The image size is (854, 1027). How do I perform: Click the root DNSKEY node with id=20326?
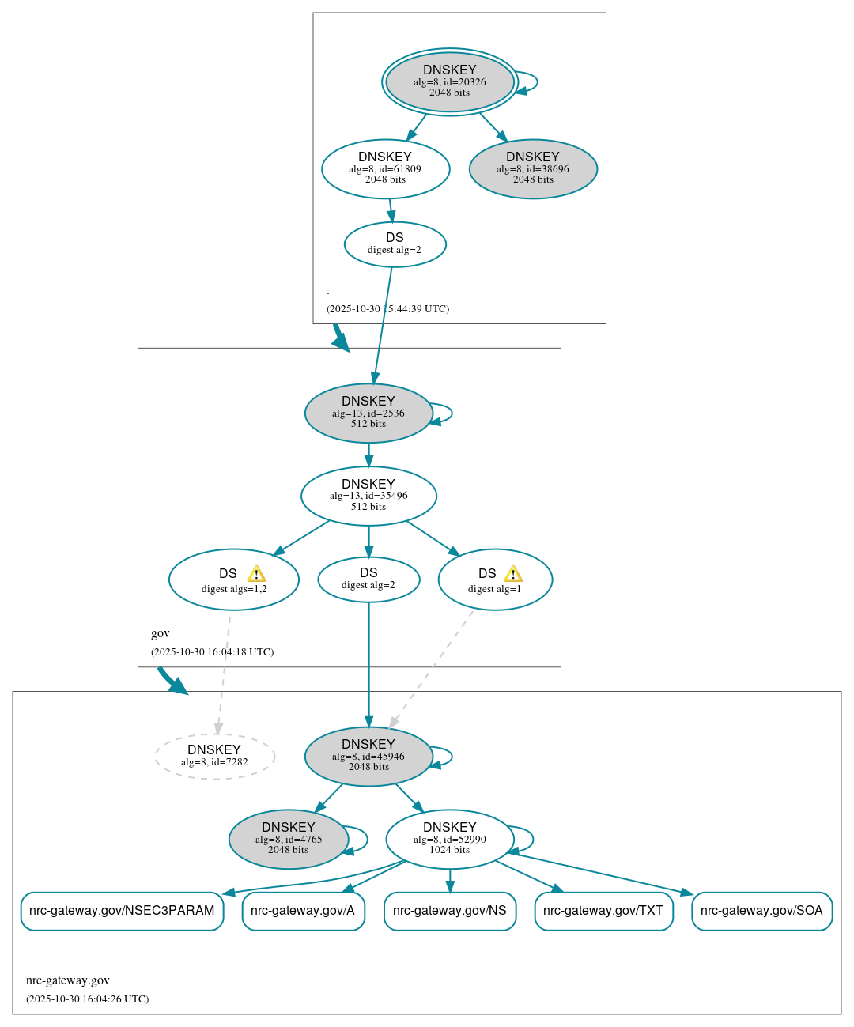click(449, 81)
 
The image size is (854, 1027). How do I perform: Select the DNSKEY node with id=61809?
click(385, 168)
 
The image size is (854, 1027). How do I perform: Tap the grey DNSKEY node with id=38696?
click(533, 168)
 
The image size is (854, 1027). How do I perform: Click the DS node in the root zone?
click(395, 244)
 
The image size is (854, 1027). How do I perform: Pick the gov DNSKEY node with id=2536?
click(368, 413)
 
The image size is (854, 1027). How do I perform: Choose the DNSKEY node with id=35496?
click(368, 496)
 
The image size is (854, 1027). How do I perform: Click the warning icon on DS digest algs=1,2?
click(256, 574)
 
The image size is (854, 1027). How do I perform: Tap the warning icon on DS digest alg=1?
click(513, 574)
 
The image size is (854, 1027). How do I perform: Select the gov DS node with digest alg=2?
click(368, 579)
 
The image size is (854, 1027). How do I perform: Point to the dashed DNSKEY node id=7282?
click(214, 756)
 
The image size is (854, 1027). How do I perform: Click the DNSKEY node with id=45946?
click(368, 756)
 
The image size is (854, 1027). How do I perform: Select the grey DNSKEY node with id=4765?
click(289, 839)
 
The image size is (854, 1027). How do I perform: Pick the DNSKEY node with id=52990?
click(449, 839)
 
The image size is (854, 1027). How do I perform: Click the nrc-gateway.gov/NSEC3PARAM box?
click(122, 911)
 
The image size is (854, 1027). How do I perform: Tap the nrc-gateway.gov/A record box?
click(303, 911)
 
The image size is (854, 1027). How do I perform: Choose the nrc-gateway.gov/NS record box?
click(449, 911)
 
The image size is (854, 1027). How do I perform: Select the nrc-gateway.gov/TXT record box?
click(603, 911)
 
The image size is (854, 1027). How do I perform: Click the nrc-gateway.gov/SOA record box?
click(761, 911)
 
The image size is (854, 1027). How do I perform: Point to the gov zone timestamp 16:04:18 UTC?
click(212, 652)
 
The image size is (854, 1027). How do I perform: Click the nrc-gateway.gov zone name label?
click(68, 980)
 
